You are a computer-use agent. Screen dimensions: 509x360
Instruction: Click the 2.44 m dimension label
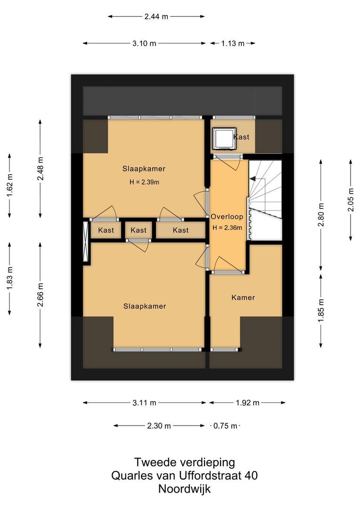(156, 16)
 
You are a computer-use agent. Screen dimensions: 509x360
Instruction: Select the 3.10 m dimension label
(144, 43)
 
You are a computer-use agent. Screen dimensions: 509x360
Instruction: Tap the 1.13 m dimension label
(233, 43)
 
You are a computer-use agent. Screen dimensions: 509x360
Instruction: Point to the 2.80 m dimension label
(321, 214)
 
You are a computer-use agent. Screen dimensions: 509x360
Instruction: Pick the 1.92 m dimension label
(247, 402)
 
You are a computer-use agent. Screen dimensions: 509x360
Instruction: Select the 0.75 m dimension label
(225, 426)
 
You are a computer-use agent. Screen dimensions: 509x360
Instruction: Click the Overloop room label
(227, 217)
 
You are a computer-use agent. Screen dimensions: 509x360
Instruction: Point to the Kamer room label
(243, 297)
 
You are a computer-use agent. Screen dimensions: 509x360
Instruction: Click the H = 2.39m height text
(145, 182)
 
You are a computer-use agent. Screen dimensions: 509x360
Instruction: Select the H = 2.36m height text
(227, 228)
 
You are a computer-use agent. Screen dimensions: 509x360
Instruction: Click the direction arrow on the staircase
(253, 179)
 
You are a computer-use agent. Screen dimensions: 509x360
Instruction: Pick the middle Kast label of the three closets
(139, 230)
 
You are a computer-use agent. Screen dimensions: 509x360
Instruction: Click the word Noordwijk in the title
(184, 489)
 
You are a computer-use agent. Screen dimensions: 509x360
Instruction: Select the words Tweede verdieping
(184, 462)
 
